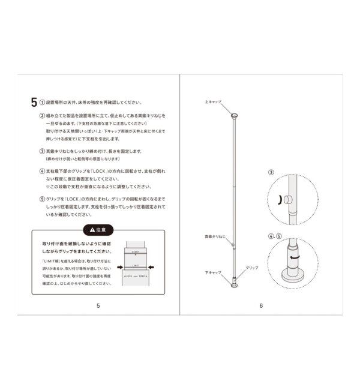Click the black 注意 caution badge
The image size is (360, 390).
[x=98, y=229]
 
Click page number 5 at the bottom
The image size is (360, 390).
[x=98, y=305]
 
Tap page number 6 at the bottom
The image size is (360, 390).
[x=261, y=305]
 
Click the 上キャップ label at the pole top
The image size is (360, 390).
[x=214, y=103]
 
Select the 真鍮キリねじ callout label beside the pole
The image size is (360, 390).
[x=214, y=238]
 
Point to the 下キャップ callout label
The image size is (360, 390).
[x=213, y=272]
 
